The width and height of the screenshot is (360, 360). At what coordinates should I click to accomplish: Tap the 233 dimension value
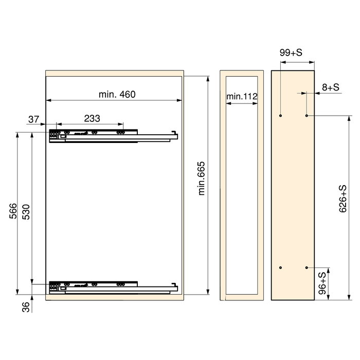[92, 119]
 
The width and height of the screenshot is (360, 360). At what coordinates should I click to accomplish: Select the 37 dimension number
[33, 119]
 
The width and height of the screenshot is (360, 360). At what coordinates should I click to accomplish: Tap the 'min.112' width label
[241, 96]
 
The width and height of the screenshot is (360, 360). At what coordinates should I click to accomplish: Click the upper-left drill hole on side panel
[280, 116]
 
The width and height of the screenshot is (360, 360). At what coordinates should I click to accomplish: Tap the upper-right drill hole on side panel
[307, 116]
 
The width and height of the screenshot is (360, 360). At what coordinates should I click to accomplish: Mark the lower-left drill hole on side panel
[280, 268]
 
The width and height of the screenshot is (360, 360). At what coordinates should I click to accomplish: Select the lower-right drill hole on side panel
[307, 268]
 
